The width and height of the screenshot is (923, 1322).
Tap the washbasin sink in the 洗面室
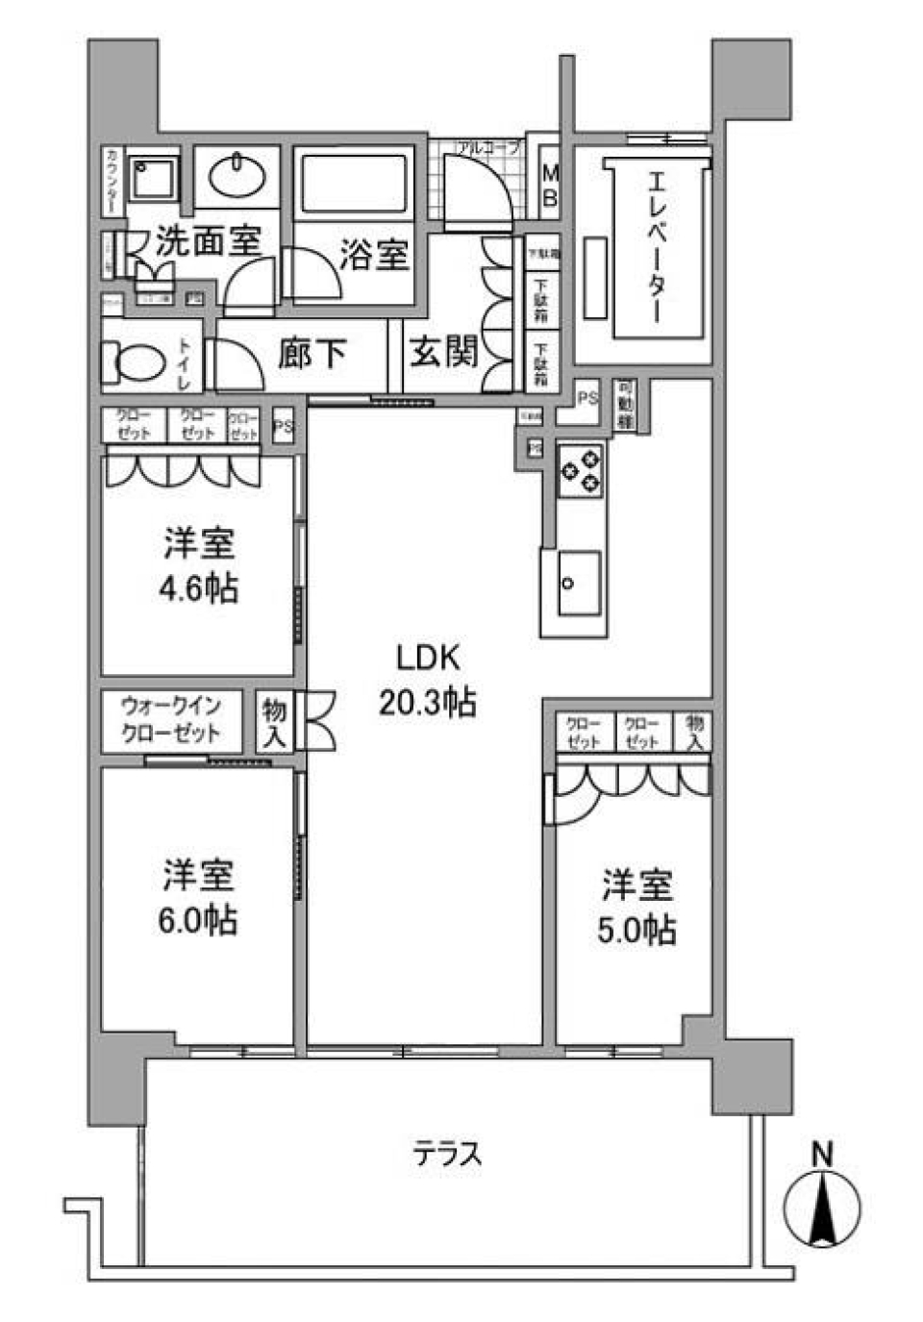[237, 177]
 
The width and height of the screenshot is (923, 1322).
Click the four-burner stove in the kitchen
[581, 469]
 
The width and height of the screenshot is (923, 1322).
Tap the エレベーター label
[658, 246]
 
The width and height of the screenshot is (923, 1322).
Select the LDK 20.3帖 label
[427, 681]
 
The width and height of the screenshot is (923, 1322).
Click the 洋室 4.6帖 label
[198, 565]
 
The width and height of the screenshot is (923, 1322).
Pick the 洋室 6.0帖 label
[198, 897]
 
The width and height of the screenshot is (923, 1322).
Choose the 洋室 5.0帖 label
[636, 907]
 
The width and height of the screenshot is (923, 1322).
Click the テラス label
[447, 1153]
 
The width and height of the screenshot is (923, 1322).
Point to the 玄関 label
[443, 352]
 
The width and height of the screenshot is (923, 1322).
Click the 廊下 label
[312, 354]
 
